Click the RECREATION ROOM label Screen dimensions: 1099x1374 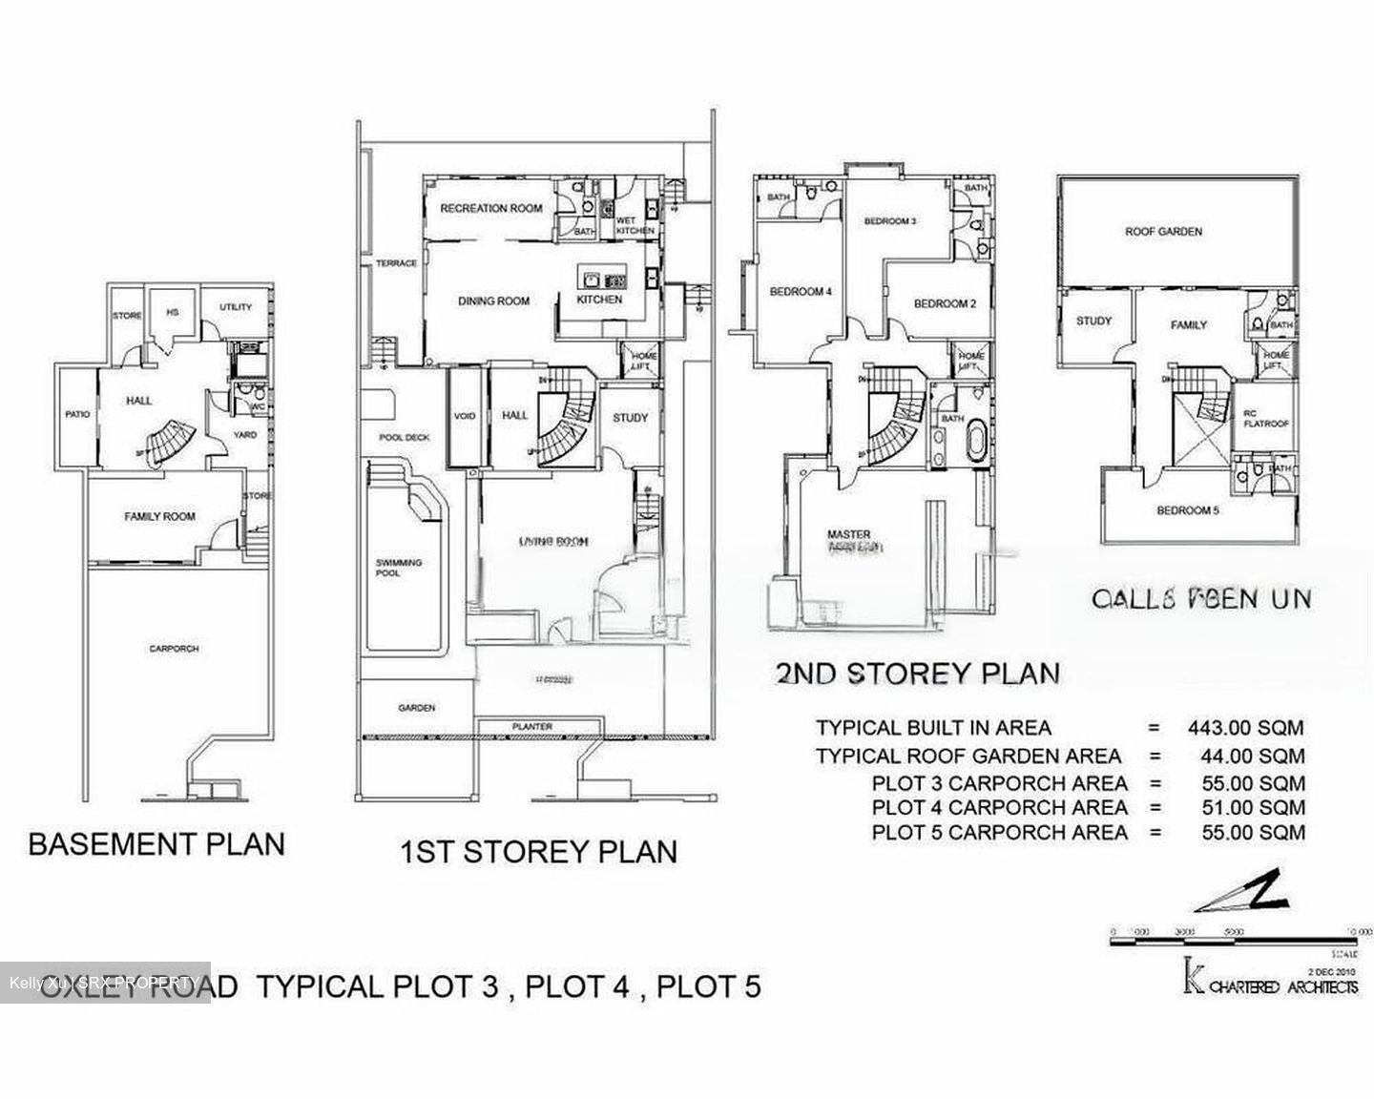coord(490,208)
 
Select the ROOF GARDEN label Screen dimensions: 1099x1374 coord(1163,232)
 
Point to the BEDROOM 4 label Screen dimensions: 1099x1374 coord(801,292)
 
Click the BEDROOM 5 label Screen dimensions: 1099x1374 coord(1187,510)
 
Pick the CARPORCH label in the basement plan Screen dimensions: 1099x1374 coord(174,649)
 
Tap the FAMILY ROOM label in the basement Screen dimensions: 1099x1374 coord(159,517)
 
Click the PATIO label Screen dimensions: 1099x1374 coord(77,415)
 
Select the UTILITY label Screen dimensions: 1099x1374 coord(236,307)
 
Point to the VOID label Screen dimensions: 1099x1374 coord(465,417)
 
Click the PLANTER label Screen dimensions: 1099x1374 coord(531,727)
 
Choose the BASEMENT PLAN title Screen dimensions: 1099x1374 coord(156,844)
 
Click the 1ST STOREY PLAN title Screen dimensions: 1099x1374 coord(538,851)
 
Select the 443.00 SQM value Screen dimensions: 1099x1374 coord(1245,728)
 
